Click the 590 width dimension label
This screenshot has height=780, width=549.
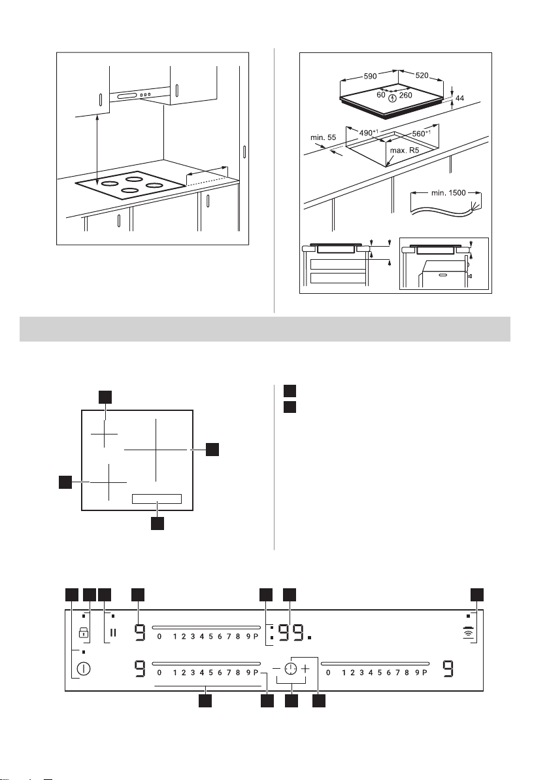(x=370, y=76)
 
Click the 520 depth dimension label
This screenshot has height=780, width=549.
(x=422, y=76)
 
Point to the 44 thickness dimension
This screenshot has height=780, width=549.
(x=459, y=99)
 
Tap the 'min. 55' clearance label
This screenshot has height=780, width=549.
(x=323, y=137)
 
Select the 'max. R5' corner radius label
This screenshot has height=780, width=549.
(x=408, y=150)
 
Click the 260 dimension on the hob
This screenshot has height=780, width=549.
(x=405, y=96)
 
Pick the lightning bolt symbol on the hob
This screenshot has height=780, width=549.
(x=393, y=97)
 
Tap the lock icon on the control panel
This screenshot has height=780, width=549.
(x=84, y=633)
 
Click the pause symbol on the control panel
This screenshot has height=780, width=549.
(x=113, y=633)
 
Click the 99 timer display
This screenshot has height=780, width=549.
(x=291, y=633)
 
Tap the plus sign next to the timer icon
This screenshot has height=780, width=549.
(x=305, y=669)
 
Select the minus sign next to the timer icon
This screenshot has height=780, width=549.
(x=276, y=669)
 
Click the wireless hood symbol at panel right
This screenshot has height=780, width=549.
(x=468, y=633)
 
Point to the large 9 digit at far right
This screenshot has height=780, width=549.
(x=448, y=669)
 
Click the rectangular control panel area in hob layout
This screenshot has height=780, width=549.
(x=157, y=499)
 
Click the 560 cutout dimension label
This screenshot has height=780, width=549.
(x=422, y=133)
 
